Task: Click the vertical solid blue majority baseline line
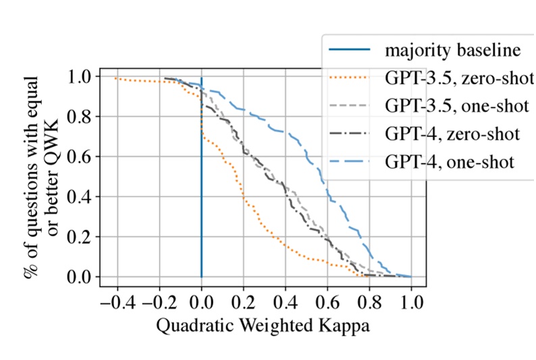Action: tap(201, 203)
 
